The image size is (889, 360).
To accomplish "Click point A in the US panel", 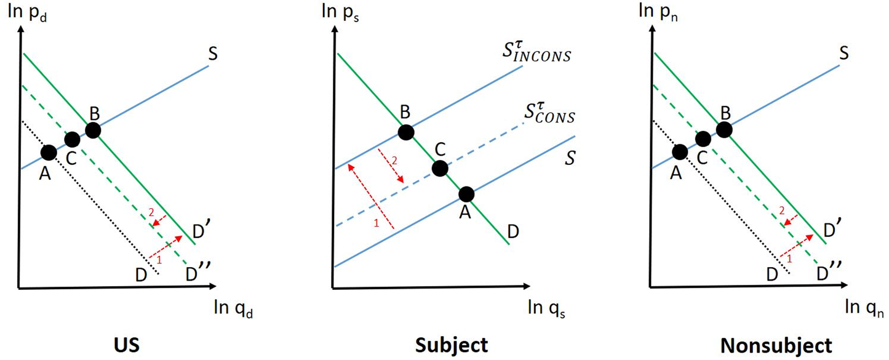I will pyautogui.click(x=49, y=151).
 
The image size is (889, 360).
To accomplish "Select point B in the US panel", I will pyautogui.click(x=93, y=130).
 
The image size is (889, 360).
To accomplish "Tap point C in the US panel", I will pyautogui.click(x=72, y=140).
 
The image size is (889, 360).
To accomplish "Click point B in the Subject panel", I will pyautogui.click(x=405, y=132).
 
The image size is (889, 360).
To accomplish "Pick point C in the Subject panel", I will pyautogui.click(x=439, y=168).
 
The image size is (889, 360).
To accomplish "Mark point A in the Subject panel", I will pyautogui.click(x=466, y=194).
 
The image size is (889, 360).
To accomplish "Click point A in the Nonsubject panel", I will pyautogui.click(x=680, y=151).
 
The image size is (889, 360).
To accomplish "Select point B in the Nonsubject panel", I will pyautogui.click(x=724, y=130).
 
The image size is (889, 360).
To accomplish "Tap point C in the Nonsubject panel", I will pyautogui.click(x=703, y=140).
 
